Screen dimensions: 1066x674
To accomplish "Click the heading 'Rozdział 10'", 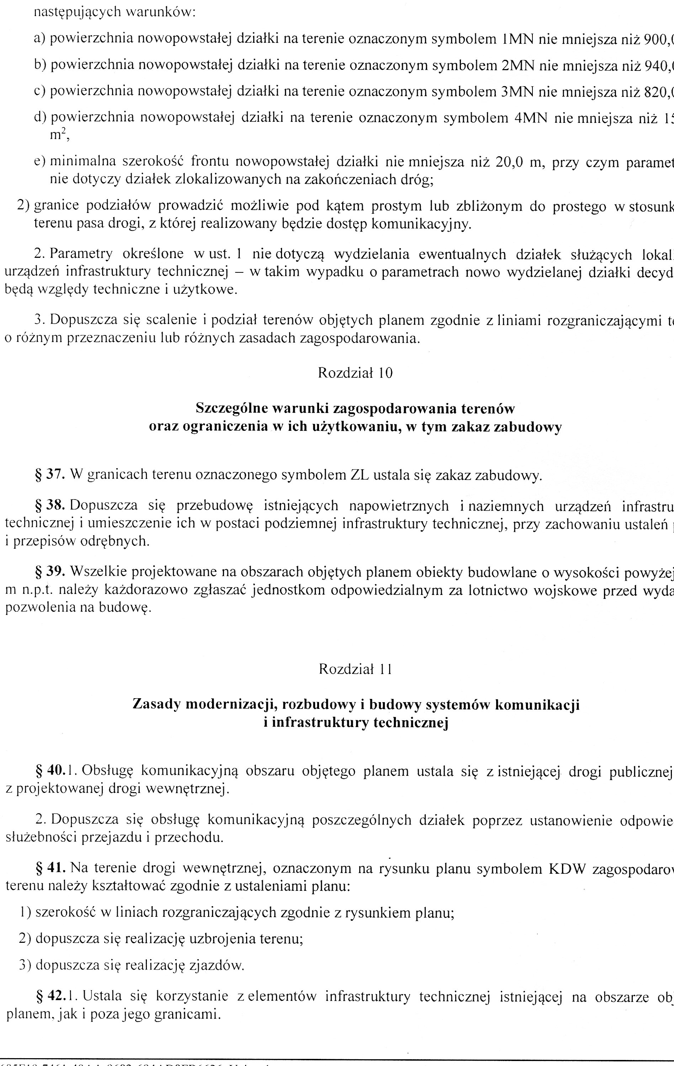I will (355, 373).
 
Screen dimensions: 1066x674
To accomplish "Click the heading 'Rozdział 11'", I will (355, 669).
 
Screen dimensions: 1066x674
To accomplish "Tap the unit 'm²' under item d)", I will (58, 135).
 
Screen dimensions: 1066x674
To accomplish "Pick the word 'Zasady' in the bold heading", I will (156, 704).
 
